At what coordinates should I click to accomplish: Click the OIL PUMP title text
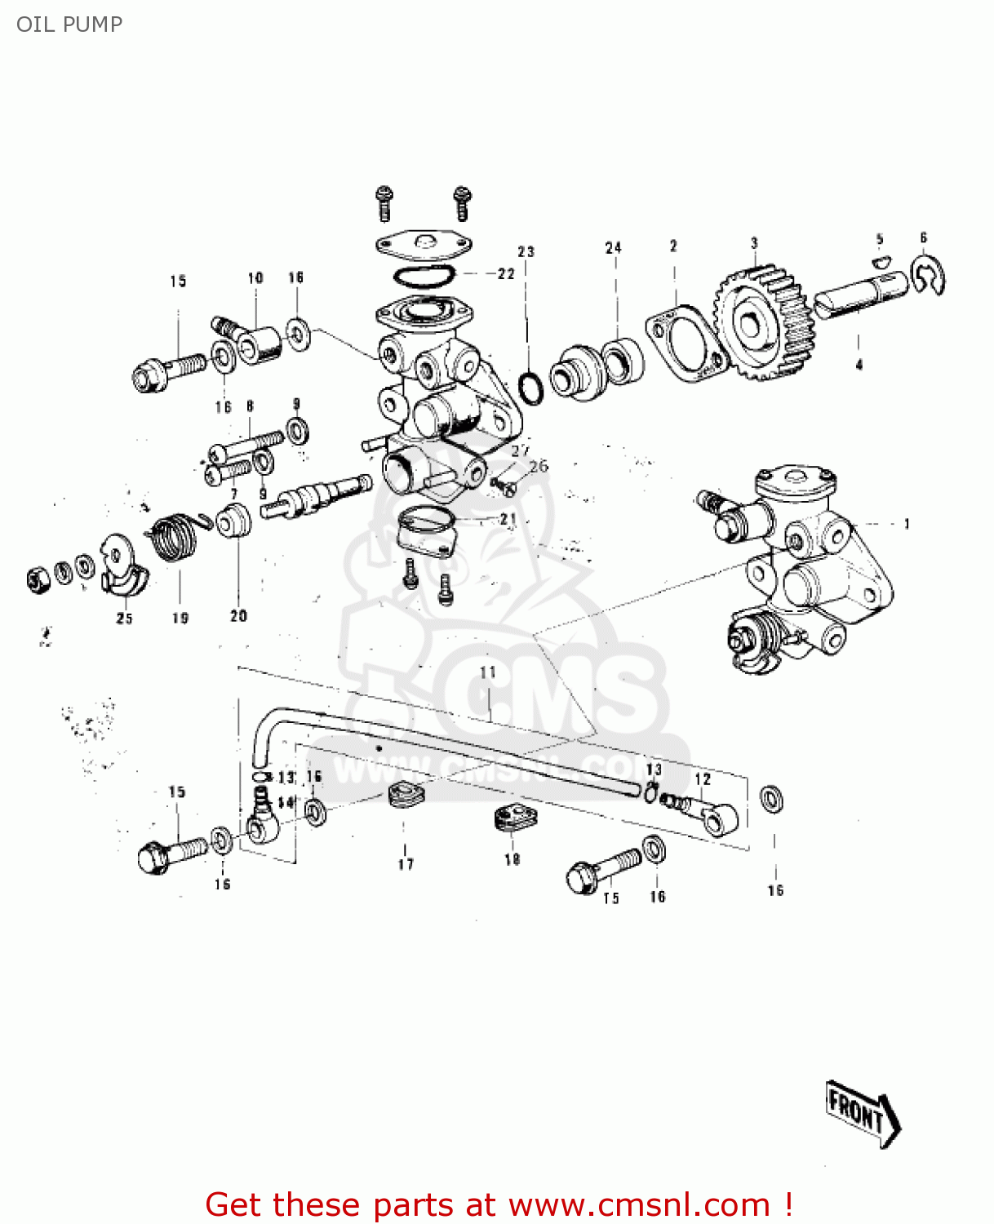click(x=69, y=24)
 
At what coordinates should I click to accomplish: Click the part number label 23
click(x=526, y=251)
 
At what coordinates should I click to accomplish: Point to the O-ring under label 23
click(x=530, y=388)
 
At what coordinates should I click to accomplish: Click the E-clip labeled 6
click(x=928, y=275)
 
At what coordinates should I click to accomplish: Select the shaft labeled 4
click(x=859, y=294)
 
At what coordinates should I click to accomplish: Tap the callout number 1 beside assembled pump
click(x=907, y=524)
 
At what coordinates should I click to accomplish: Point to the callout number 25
click(x=124, y=619)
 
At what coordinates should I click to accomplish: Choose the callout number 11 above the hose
click(x=487, y=673)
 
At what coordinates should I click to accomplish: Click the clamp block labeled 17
click(x=406, y=796)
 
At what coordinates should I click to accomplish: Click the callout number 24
click(x=613, y=247)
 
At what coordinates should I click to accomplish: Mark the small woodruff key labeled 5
click(x=879, y=261)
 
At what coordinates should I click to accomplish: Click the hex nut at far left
click(x=38, y=580)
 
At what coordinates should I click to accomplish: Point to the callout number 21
click(x=508, y=519)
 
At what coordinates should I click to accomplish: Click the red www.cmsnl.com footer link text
click(x=638, y=1205)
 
